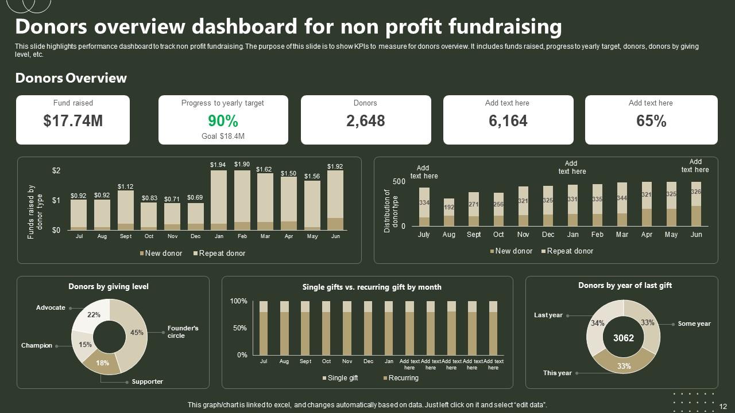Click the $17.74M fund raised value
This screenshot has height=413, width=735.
pyautogui.click(x=73, y=121)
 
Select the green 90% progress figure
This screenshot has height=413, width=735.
pyautogui.click(x=223, y=121)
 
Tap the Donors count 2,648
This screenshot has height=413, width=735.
pyautogui.click(x=365, y=121)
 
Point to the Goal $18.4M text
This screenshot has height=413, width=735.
pyautogui.click(x=223, y=137)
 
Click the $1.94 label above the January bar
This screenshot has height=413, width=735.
pyautogui.click(x=218, y=165)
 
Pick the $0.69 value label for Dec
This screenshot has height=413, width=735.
pyautogui.click(x=195, y=198)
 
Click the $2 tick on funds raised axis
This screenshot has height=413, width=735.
pyautogui.click(x=56, y=170)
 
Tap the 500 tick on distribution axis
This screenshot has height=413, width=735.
pyautogui.click(x=399, y=181)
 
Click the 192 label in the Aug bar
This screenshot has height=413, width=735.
pyautogui.click(x=449, y=208)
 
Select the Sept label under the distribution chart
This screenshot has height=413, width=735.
pyautogui.click(x=474, y=235)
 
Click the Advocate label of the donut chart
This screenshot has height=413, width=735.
pyautogui.click(x=51, y=307)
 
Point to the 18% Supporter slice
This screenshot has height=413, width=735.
pyautogui.click(x=102, y=363)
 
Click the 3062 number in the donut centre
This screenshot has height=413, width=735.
pyautogui.click(x=624, y=338)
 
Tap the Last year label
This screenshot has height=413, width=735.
pyautogui.click(x=548, y=315)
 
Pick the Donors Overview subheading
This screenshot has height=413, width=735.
pyautogui.click(x=71, y=78)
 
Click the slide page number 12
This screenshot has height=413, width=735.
pyautogui.click(x=723, y=406)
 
